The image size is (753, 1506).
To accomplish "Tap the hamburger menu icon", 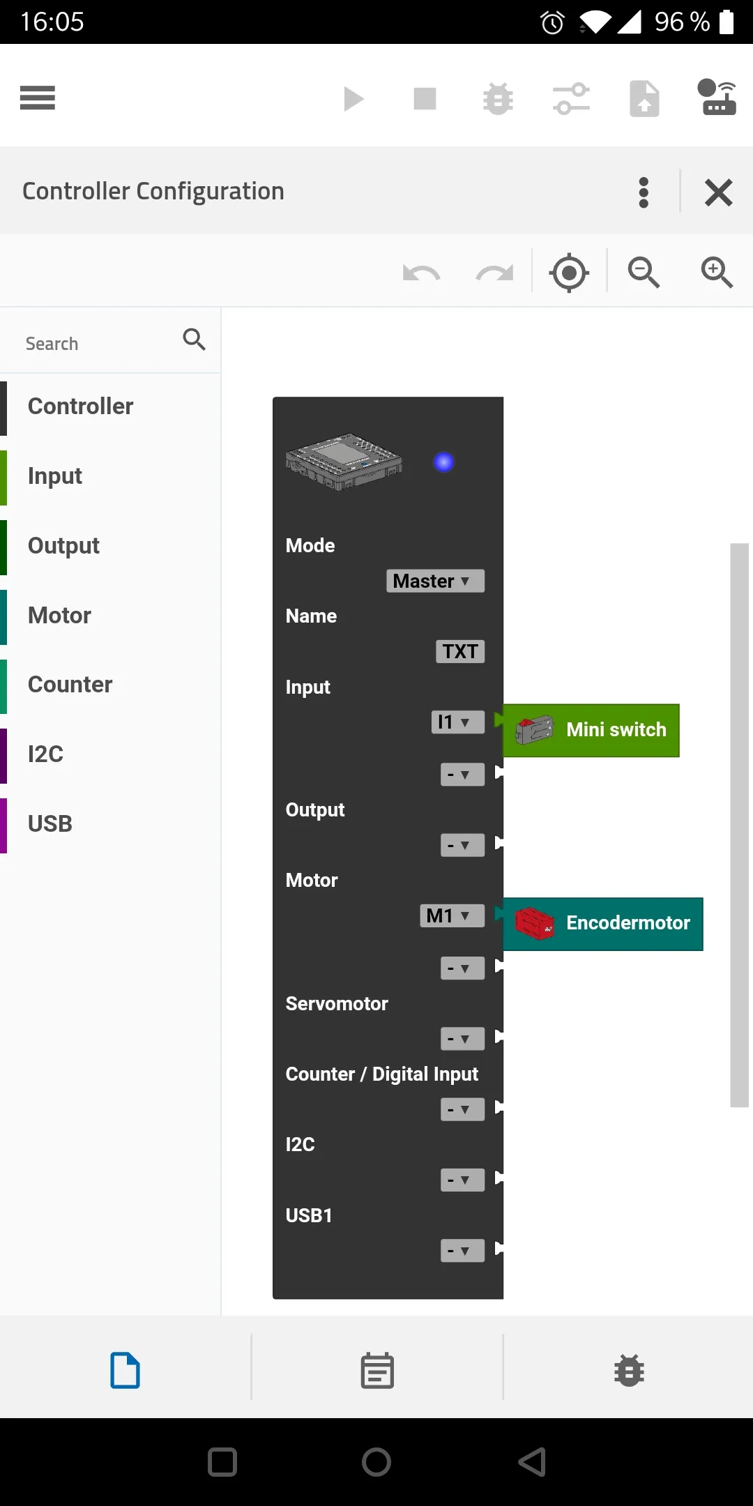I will [x=38, y=98].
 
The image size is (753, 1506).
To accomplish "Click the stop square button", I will [x=425, y=98].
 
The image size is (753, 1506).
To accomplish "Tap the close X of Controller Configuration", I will [x=718, y=192].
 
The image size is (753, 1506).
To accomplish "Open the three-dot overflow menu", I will [x=644, y=192].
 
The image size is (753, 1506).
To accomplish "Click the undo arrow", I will [x=421, y=273].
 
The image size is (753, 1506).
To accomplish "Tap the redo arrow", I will [x=494, y=273].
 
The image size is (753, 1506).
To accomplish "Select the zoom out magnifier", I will [x=643, y=272].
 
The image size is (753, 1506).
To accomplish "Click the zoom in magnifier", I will [x=716, y=272].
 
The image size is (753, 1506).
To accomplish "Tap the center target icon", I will [x=569, y=273].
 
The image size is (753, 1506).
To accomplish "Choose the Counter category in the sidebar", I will [x=70, y=685].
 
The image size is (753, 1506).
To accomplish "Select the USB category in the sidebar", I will [x=50, y=823].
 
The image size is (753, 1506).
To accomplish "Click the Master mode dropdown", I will [x=435, y=581].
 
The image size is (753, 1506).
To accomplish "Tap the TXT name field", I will [x=460, y=651].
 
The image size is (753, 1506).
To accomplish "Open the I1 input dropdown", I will [x=457, y=722].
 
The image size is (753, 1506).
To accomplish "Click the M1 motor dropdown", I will [x=452, y=915].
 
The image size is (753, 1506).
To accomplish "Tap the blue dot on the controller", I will [x=443, y=462].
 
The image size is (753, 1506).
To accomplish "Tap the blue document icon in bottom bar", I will [x=125, y=1371].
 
